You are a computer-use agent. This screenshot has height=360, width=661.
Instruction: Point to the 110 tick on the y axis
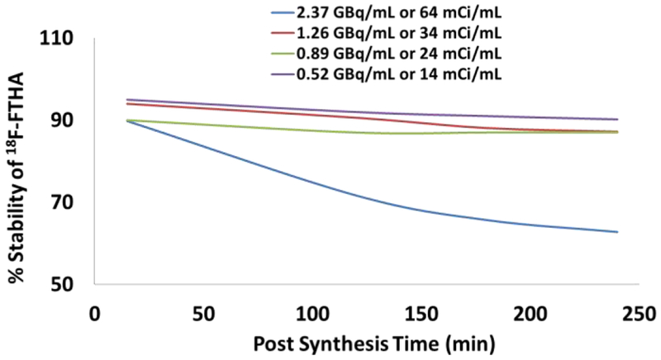pyautogui.click(x=69, y=39)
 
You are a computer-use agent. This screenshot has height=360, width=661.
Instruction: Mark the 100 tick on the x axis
pyautogui.click(x=313, y=315)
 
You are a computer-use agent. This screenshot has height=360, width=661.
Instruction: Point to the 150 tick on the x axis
pyautogui.click(x=422, y=315)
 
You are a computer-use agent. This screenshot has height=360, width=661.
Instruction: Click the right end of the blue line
pyautogui.click(x=618, y=232)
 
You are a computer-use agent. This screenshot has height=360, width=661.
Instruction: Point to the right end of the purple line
pyautogui.click(x=618, y=119)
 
